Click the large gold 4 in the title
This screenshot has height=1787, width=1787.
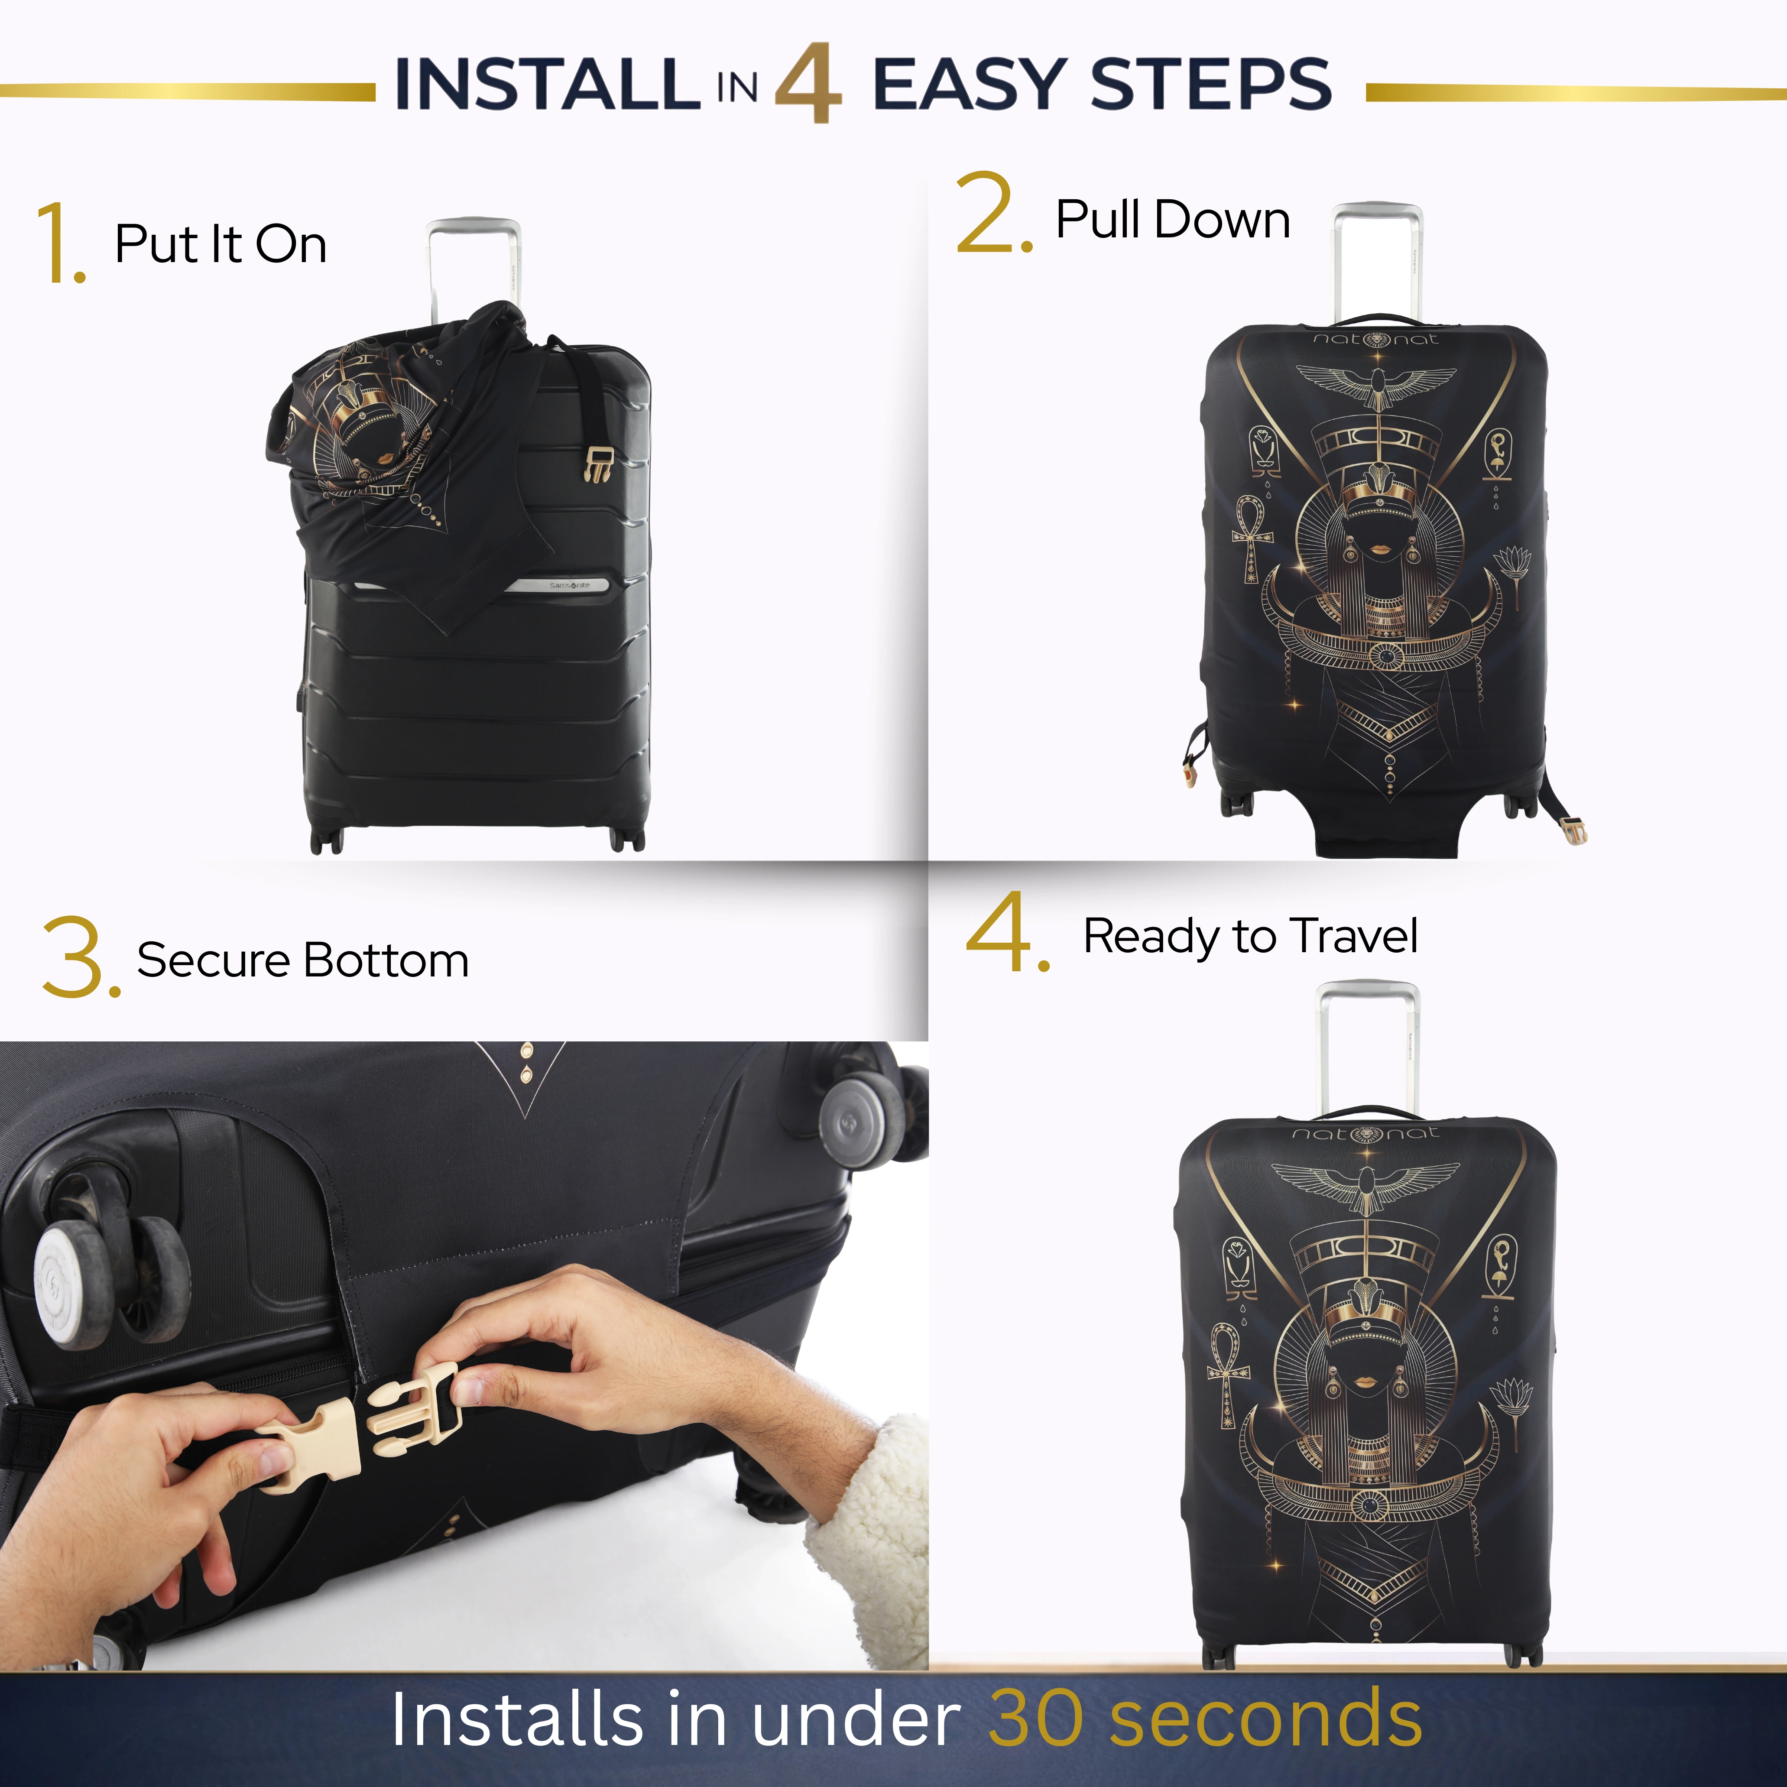(808, 83)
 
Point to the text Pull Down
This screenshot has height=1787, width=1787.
(1173, 220)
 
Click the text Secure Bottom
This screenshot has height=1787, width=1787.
(302, 960)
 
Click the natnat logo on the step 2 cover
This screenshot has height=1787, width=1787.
(1376, 340)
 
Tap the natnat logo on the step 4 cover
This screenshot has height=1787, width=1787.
(1365, 1133)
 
